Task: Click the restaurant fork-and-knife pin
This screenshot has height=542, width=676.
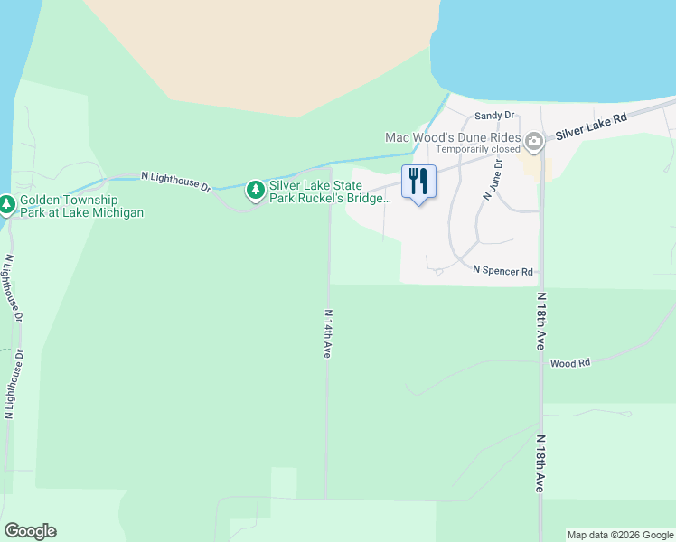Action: point(418,182)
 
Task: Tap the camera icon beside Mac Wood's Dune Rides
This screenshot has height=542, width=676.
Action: point(534,140)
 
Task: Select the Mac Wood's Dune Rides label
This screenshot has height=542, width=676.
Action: point(453,137)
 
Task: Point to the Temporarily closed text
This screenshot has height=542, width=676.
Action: point(478,149)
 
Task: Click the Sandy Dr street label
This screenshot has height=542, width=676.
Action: point(494,116)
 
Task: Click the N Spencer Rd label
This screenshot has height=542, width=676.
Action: point(504,270)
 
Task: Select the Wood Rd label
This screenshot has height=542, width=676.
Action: point(569,362)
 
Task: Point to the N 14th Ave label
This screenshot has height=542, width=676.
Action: point(328,334)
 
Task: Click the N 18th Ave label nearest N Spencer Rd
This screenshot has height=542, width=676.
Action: point(540,322)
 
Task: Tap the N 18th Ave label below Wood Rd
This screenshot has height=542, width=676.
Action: point(540,463)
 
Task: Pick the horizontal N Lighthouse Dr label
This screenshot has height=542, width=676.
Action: point(176,182)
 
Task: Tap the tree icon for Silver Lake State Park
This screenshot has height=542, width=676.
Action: point(256,190)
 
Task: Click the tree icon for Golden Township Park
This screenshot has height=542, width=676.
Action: point(6,206)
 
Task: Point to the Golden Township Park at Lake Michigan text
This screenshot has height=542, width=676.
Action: point(81,206)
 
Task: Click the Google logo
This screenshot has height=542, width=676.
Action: point(30,531)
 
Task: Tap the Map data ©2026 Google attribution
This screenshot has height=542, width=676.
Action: point(619,535)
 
